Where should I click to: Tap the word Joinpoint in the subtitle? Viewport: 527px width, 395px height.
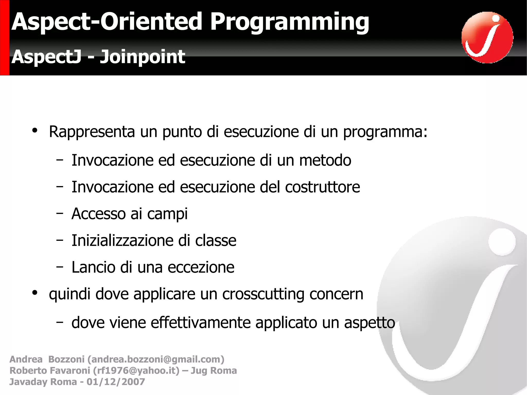[x=142, y=57]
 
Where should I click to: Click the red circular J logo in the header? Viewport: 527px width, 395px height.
[x=487, y=38]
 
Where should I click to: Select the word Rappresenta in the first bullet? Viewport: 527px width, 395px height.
[x=92, y=132]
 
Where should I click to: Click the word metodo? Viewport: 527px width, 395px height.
[x=325, y=160]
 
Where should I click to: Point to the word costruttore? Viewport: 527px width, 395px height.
[x=322, y=187]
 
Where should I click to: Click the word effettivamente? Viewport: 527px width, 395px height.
[x=200, y=323]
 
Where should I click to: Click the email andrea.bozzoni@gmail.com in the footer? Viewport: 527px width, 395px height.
[x=156, y=359]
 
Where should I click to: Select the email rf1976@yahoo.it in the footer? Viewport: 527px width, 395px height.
[x=136, y=371]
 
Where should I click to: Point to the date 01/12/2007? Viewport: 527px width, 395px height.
[x=116, y=382]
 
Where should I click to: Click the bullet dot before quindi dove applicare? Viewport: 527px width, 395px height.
[x=35, y=293]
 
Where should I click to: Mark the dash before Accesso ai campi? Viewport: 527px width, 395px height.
[x=60, y=213]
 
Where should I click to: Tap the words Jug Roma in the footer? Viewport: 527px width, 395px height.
[x=214, y=371]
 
